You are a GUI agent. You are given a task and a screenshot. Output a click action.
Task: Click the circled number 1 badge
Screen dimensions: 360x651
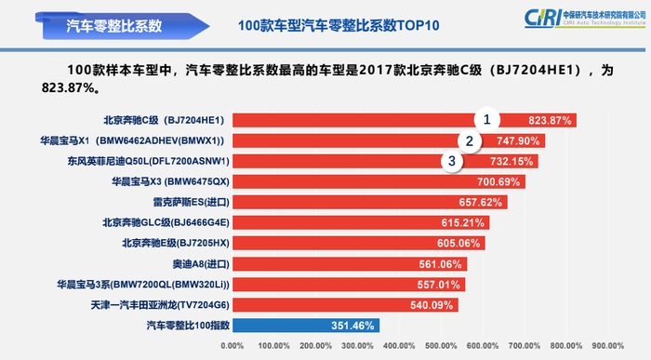click(486, 120)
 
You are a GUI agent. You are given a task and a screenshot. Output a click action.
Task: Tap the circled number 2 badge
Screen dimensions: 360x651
click(471, 141)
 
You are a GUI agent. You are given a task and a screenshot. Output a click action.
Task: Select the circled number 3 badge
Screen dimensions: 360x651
click(453, 162)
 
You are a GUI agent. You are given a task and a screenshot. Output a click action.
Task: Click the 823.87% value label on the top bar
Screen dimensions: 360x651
click(549, 121)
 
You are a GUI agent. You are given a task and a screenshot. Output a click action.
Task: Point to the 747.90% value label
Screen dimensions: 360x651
click(517, 141)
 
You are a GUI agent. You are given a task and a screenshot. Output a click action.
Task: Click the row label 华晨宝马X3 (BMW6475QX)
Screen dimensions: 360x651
click(169, 181)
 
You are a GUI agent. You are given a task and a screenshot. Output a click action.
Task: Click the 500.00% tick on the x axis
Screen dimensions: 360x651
click(442, 347)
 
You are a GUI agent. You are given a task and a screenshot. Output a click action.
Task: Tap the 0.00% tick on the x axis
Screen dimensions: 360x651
click(232, 347)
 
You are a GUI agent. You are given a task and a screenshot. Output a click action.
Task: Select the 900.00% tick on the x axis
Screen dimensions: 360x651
click(608, 347)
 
